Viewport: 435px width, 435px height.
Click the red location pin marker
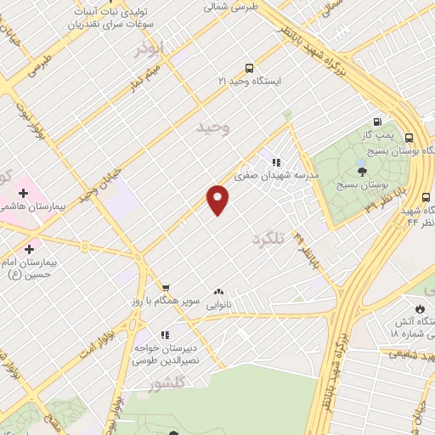coord(218,200)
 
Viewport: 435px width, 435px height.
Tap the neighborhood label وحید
coord(213,127)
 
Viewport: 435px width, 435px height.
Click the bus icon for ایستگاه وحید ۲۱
coord(249,68)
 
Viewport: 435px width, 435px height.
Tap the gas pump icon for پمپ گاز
coord(376,121)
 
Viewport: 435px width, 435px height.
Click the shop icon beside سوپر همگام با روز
coord(167,288)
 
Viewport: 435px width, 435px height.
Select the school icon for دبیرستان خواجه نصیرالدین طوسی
coord(165,334)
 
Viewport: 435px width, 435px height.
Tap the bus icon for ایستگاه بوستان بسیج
coord(410,138)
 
